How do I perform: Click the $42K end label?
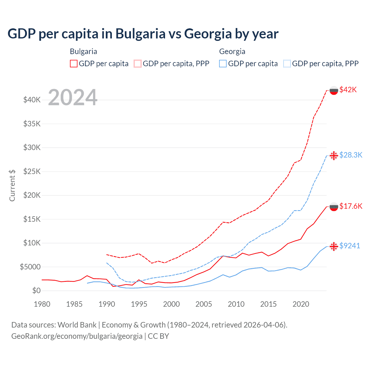coord(348,90)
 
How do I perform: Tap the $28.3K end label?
coord(351,155)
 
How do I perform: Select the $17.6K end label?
coord(351,206)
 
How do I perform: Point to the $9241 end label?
coord(349,246)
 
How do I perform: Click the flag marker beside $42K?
coord(334,90)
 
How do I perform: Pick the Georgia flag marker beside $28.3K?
coord(334,156)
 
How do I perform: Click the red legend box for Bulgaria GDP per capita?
coord(74,64)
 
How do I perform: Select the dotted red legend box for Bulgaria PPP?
coord(138,64)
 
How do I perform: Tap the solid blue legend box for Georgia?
coord(223,64)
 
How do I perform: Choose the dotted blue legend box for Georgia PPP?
coord(287,64)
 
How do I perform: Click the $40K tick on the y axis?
coord(32,100)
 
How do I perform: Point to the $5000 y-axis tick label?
coord(30,267)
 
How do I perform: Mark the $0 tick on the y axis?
coord(36,291)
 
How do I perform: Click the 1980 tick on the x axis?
coord(42,304)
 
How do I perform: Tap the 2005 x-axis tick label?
coord(204,304)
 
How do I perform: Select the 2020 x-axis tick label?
coord(301,304)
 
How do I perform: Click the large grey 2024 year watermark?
coord(73,97)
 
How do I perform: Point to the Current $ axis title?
coord(12,185)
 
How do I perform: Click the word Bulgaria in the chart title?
coord(140,34)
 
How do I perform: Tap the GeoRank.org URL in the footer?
coord(77,336)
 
